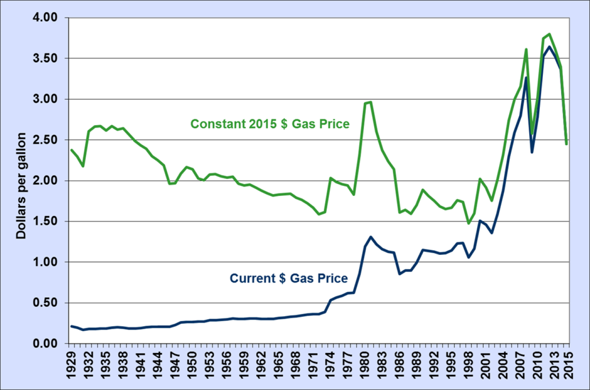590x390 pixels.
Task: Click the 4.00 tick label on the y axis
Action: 45,18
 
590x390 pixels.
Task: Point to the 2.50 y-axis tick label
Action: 45,140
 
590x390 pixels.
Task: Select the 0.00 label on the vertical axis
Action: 45,344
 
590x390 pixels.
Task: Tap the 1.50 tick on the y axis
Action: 45,222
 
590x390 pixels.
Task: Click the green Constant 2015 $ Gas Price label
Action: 270,125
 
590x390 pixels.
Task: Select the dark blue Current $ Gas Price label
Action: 288,278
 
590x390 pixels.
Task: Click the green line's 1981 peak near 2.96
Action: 371,102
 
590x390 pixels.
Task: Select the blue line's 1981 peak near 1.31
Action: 371,237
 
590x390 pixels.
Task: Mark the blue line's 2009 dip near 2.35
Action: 532,152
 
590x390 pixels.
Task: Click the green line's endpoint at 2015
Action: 566,144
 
